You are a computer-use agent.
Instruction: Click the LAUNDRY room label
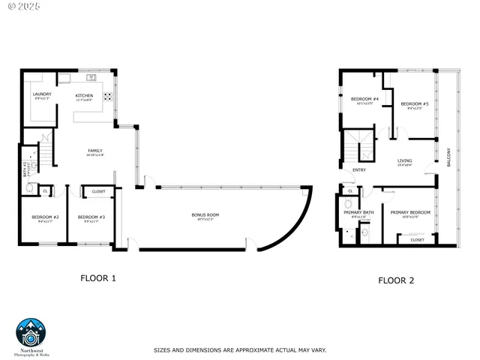point(42,94)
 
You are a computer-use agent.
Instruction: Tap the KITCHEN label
point(84,95)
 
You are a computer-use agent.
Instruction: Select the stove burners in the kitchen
point(107,96)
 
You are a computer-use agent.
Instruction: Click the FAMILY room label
point(94,151)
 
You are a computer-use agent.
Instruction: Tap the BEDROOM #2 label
point(45,217)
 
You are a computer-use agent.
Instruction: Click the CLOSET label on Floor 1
point(99,191)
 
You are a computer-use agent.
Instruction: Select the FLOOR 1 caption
point(98,278)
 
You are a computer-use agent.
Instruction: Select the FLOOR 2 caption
point(395,280)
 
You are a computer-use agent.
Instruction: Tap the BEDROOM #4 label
point(364,99)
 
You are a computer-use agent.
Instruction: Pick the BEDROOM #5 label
point(414,103)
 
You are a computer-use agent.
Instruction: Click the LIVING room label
point(404,160)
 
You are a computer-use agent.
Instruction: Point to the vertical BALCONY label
point(449,158)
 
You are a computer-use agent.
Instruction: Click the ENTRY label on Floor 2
point(358,169)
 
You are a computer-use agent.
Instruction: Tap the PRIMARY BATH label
point(358,213)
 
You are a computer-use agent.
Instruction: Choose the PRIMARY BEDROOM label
point(410,212)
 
